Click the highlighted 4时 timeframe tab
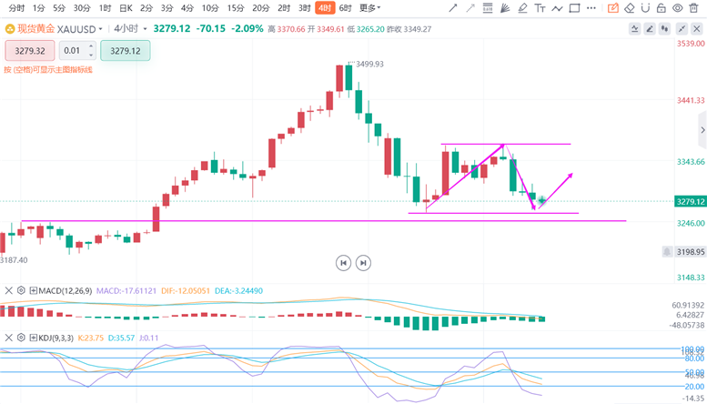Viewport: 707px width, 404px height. click(x=323, y=8)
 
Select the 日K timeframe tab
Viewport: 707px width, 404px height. click(x=126, y=8)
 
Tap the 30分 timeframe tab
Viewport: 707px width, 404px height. click(x=81, y=8)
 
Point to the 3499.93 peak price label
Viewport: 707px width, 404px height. click(x=369, y=64)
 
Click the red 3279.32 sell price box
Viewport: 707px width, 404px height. click(x=30, y=51)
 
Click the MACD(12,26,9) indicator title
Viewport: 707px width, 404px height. click(x=65, y=290)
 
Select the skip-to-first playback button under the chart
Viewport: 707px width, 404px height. click(x=343, y=263)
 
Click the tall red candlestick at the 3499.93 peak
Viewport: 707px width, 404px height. click(x=339, y=78)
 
